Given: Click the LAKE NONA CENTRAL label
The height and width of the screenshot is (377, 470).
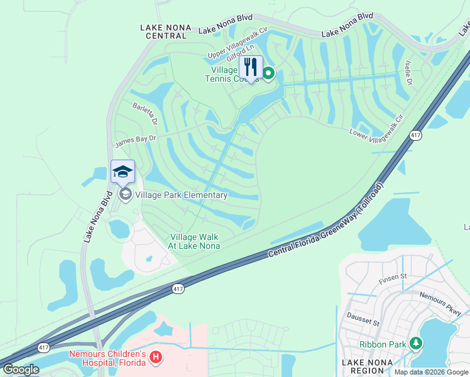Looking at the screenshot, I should pos(167,31).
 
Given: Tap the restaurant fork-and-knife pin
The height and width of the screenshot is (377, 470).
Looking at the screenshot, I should pos(251,67).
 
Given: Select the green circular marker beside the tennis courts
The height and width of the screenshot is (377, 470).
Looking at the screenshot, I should pos(268,74).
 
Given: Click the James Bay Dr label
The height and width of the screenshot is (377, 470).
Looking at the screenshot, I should pos(134,141).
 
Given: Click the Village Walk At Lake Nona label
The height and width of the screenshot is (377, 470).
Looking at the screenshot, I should pos(194,241).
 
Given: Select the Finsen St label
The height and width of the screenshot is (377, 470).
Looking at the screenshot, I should pos(393,276).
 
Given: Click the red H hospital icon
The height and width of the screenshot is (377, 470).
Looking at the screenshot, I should pos(156,358).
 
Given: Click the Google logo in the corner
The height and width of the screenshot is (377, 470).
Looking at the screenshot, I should pos(21,369).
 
